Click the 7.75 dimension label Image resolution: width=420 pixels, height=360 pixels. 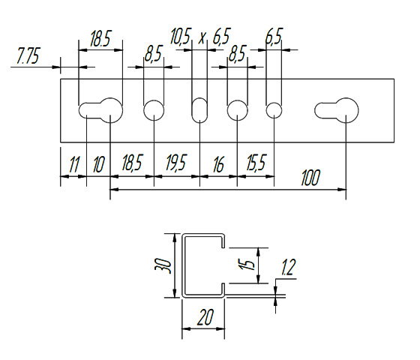point(28,55)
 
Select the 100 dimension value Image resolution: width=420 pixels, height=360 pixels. point(310,178)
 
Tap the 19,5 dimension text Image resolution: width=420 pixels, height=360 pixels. point(175,162)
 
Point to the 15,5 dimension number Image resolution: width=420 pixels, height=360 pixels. point(256,163)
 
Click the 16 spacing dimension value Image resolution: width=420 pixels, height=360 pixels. point(218,165)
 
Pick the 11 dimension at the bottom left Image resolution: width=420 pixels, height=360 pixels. point(74,165)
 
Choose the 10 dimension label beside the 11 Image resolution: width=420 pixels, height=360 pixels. point(98,164)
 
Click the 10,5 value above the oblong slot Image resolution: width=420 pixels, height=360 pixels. point(181,37)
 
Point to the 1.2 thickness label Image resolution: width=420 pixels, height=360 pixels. point(288,267)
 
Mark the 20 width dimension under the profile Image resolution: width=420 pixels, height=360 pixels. point(205,317)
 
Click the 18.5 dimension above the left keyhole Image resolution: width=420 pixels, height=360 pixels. point(100,39)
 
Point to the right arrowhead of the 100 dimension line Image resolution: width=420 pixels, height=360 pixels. point(342,190)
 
